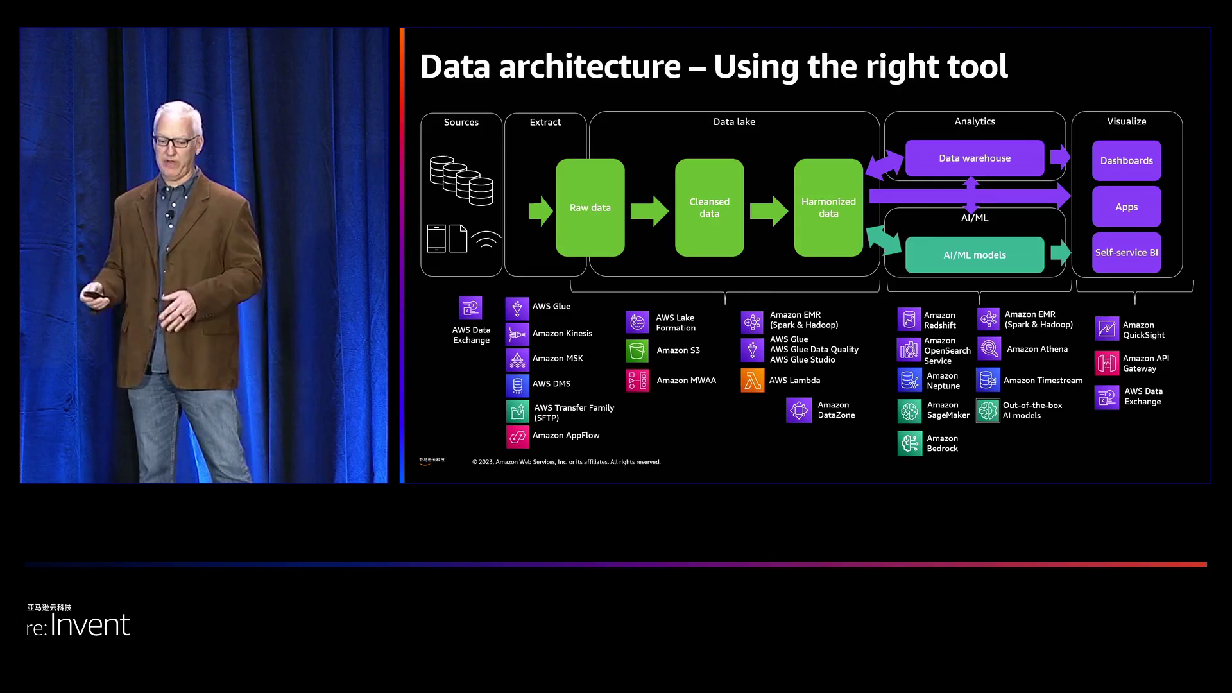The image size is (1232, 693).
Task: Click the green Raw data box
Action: [590, 208]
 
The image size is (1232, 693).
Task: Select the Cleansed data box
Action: [709, 208]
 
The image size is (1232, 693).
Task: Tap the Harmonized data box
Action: [828, 208]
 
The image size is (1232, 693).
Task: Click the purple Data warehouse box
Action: [974, 158]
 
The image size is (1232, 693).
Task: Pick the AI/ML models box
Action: [974, 255]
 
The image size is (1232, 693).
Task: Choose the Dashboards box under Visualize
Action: [1126, 160]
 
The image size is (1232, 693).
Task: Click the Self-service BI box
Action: [1126, 253]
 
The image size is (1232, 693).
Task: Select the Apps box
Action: [1126, 207]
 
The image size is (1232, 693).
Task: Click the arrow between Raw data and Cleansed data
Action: [649, 210]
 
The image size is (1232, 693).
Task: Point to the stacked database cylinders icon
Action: [461, 180]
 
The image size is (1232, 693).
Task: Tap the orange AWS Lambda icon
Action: [752, 381]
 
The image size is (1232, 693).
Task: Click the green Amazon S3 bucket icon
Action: [637, 351]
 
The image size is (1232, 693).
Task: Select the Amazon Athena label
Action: [1037, 349]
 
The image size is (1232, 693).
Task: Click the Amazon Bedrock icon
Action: [909, 443]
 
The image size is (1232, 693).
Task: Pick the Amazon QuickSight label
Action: [1143, 330]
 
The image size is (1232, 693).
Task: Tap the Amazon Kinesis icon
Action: [517, 334]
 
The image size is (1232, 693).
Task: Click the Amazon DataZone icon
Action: [799, 410]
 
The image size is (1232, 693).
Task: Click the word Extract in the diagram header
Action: [545, 122]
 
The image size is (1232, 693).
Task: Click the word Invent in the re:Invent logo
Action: [90, 625]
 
